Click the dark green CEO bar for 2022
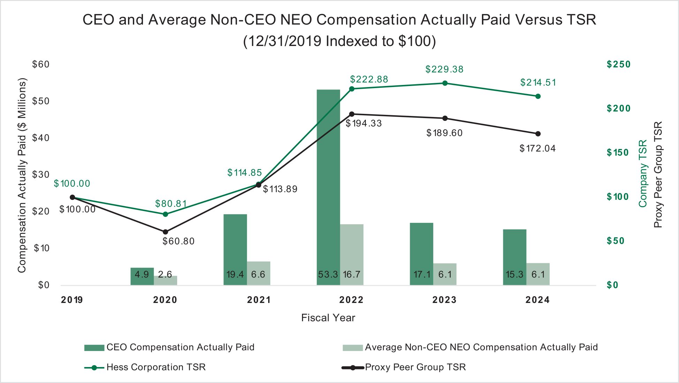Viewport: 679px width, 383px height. [328, 181]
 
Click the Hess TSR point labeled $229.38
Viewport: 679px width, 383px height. [445, 83]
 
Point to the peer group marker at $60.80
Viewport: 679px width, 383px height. [165, 232]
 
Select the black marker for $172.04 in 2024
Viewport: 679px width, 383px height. [538, 134]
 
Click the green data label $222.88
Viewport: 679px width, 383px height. [369, 79]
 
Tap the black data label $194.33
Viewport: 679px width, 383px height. [363, 124]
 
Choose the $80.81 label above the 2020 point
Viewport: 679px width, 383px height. [171, 204]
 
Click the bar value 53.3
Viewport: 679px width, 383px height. [328, 275]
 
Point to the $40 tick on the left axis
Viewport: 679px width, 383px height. [41, 138]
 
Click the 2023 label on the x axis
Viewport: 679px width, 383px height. [444, 300]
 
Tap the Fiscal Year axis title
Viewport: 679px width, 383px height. [328, 318]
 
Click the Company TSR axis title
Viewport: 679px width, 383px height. [643, 173]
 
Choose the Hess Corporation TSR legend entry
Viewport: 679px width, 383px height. [156, 367]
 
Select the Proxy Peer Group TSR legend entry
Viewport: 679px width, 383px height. [415, 367]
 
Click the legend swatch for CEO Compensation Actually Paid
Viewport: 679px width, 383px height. [94, 347]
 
